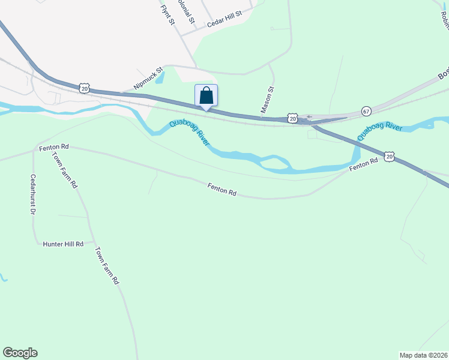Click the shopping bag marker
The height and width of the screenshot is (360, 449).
pos(206,95)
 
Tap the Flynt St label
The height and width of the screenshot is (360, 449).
pos(167,15)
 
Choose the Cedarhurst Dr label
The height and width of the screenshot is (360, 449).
pos(33,195)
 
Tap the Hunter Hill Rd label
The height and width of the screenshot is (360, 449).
pos(63,244)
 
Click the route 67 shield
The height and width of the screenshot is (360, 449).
pos(366,112)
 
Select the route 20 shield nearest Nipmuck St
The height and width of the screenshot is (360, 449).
pos(84,88)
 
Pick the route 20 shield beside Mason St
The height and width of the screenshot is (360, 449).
pos(292,118)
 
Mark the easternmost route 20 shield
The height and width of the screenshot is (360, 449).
pos(390,157)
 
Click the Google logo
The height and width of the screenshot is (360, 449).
pos(20,353)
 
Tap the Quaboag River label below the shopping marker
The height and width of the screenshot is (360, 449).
pos(189,133)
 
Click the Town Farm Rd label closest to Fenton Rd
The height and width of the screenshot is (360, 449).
pos(65,170)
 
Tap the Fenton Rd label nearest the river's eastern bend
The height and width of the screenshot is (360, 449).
pos(364,166)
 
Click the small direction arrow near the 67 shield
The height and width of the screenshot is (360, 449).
pos(309,117)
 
